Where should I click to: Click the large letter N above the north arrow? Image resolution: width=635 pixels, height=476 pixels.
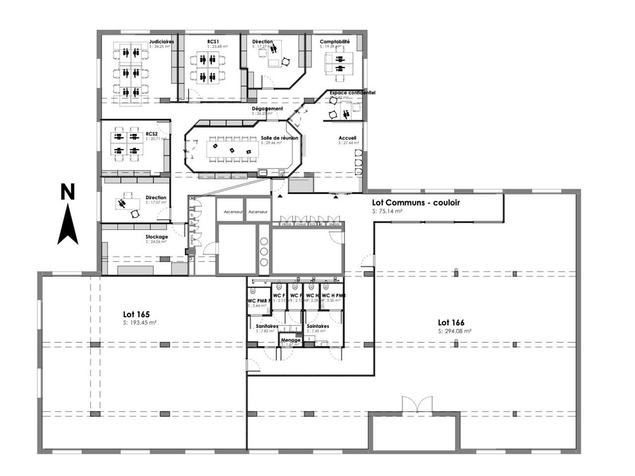[x=67, y=192]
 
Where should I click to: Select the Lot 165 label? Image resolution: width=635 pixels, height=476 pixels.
[x=136, y=314]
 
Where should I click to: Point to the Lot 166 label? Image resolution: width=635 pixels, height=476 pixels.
[x=451, y=323]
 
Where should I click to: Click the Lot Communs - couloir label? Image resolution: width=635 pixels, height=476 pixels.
[x=416, y=202]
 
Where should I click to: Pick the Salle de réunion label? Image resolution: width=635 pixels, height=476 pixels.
[x=280, y=138]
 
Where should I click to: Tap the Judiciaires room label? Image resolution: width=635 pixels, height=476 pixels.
[x=162, y=42]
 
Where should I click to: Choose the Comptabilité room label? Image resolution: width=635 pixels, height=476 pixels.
[x=334, y=42]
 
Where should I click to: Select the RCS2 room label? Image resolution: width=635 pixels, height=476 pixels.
[x=152, y=134]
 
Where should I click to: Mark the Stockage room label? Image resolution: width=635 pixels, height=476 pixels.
[x=157, y=237]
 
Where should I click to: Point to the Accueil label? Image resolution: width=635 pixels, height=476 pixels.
[x=347, y=138]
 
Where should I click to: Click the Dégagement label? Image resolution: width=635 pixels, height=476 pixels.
[x=267, y=109]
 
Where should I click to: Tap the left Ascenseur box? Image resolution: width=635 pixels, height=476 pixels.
[x=233, y=212]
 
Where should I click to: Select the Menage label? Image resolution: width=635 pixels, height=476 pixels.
[x=291, y=340]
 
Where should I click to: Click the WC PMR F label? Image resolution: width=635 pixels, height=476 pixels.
[x=259, y=300]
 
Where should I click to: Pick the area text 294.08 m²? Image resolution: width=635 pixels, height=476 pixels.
[x=454, y=331]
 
